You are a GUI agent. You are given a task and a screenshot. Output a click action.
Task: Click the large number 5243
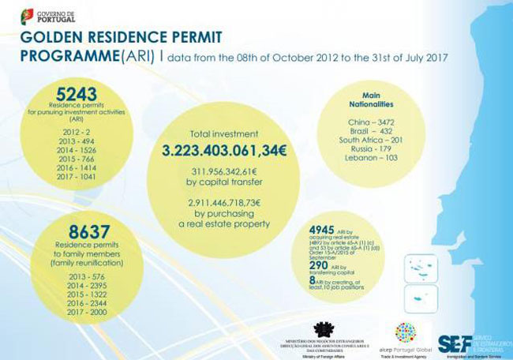click(60, 94)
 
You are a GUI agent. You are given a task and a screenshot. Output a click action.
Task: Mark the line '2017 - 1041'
click(59, 177)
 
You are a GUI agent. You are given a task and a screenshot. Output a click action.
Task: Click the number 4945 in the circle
click(323, 230)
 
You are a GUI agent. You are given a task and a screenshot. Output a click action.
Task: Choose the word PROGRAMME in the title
click(70, 56)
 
